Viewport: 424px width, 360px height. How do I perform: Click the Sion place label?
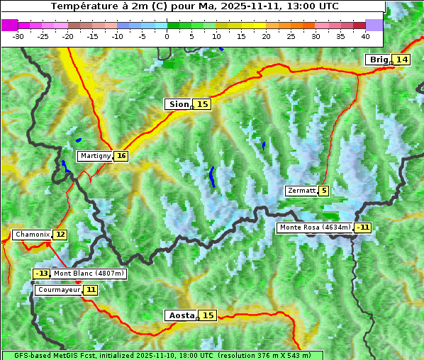click(178, 104)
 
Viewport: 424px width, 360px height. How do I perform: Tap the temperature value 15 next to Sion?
click(203, 104)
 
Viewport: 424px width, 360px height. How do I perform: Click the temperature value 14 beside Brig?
click(402, 60)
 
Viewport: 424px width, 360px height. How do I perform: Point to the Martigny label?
click(95, 156)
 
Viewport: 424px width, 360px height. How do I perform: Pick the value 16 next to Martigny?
click(121, 156)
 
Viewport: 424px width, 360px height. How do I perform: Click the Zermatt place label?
click(301, 191)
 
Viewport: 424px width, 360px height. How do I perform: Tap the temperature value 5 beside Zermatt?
click(324, 191)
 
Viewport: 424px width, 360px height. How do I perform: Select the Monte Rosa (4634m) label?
click(315, 227)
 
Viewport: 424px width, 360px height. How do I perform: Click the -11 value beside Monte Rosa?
click(364, 227)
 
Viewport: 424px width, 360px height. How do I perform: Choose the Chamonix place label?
click(32, 235)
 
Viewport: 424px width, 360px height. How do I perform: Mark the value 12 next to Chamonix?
click(60, 235)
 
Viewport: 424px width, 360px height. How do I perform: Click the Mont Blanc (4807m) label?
click(89, 274)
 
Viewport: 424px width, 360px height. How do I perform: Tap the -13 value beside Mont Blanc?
click(42, 274)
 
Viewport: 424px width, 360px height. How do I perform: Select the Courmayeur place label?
click(59, 290)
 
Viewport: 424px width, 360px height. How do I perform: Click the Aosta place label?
click(180, 315)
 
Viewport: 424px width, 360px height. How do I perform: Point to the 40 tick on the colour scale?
click(365, 35)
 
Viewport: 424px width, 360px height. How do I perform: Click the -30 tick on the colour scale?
click(18, 35)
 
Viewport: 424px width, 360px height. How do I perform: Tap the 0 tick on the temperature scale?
click(167, 35)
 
